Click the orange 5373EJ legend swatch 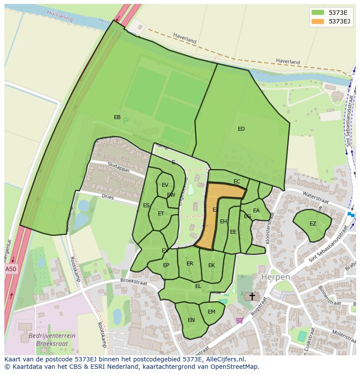(x=318, y=21)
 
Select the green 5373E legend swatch (x=318, y=12)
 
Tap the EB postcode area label (x=117, y=117)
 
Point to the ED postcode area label (x=241, y=129)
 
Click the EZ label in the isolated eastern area (x=313, y=224)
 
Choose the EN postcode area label (x=191, y=320)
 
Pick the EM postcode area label (x=211, y=312)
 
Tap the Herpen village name (x=276, y=277)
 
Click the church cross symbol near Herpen (x=252, y=296)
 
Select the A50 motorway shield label (x=10, y=269)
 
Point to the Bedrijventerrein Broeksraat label (x=52, y=339)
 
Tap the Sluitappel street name (x=117, y=167)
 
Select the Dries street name (x=107, y=197)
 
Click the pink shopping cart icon (x=239, y=321)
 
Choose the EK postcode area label (x=211, y=265)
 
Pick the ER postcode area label (x=190, y=264)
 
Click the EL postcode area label (x=198, y=286)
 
